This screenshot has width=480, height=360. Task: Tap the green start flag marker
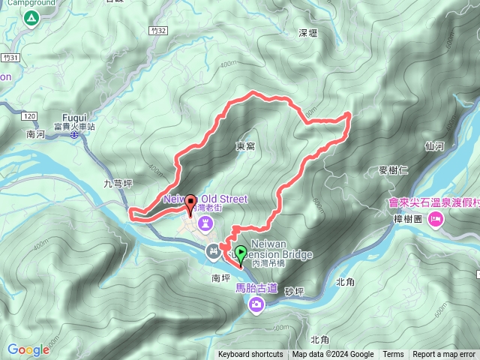pos(241,253)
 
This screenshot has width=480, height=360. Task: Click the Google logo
pos(28,349)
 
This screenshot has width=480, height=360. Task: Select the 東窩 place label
pos(245,147)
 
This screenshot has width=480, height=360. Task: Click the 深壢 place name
pos(308,34)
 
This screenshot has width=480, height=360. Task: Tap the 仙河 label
pos(434,146)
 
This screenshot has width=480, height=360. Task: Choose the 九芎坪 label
pos(118,182)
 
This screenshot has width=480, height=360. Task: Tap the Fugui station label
pos(74,118)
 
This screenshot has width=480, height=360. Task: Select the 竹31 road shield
pos(9,57)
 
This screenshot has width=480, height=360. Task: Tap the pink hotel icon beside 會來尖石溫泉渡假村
pos(436,220)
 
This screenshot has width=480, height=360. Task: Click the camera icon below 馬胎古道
pos(256,304)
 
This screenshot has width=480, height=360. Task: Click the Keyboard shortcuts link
pos(250,355)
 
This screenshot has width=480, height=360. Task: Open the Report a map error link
pos(444,355)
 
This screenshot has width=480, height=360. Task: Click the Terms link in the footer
pos(393,355)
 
